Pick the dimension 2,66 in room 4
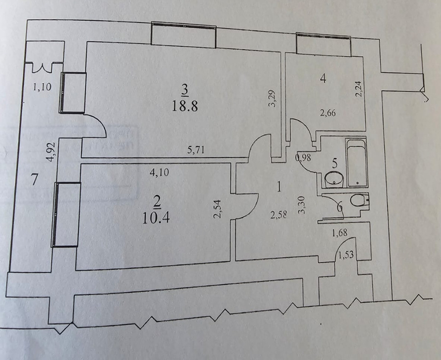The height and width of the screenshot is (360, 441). (327, 113)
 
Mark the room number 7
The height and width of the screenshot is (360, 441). (35, 180)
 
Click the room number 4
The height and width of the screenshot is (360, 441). (323, 78)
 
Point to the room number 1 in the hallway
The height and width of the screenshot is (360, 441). (280, 187)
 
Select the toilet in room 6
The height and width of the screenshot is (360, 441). (357, 201)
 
